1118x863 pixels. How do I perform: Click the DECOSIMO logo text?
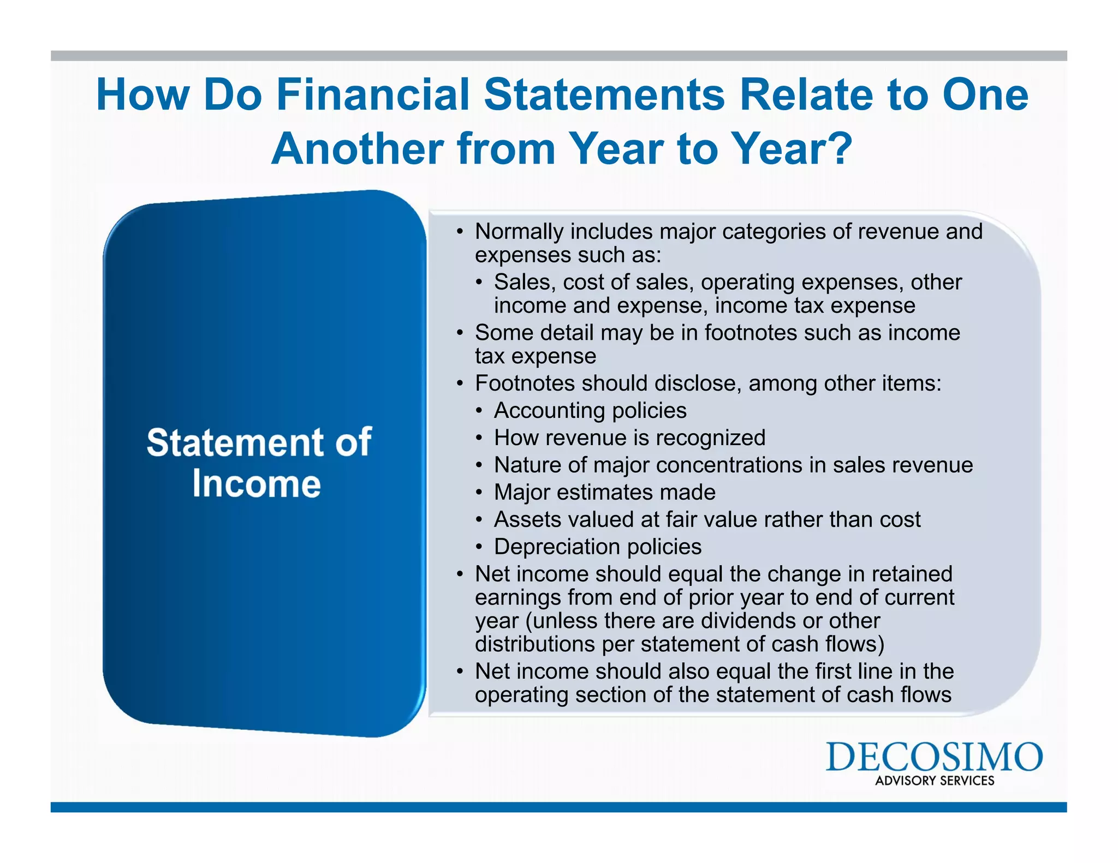tap(934, 757)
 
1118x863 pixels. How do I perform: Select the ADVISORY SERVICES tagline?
tap(935, 781)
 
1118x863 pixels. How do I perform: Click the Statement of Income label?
tap(258, 463)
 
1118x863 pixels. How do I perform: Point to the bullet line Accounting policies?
tap(590, 410)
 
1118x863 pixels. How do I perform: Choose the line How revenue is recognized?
tap(629, 438)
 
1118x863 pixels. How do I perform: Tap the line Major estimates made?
tap(604, 492)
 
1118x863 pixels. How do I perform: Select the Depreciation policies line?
tap(597, 547)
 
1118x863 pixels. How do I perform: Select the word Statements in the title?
tap(604, 94)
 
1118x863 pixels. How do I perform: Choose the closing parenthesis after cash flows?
tap(880, 644)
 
